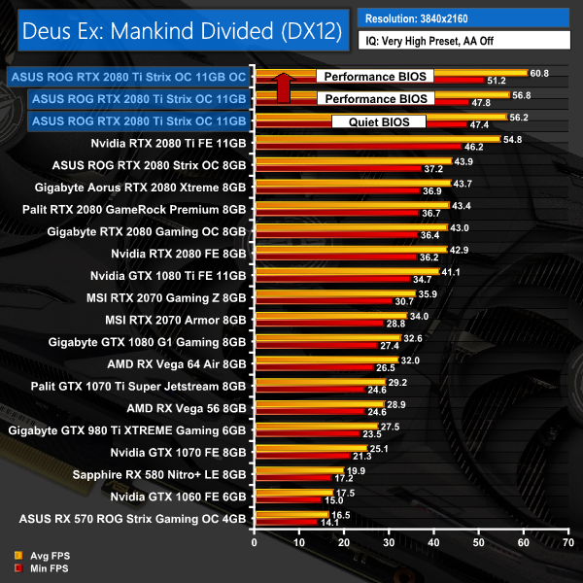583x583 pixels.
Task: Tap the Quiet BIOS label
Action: [378, 122]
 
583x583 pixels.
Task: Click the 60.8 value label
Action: [539, 73]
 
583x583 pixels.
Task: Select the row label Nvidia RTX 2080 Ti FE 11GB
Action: [168, 143]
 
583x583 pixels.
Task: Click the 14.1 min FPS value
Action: [331, 523]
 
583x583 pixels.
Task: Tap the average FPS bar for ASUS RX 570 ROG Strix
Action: [291, 513]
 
